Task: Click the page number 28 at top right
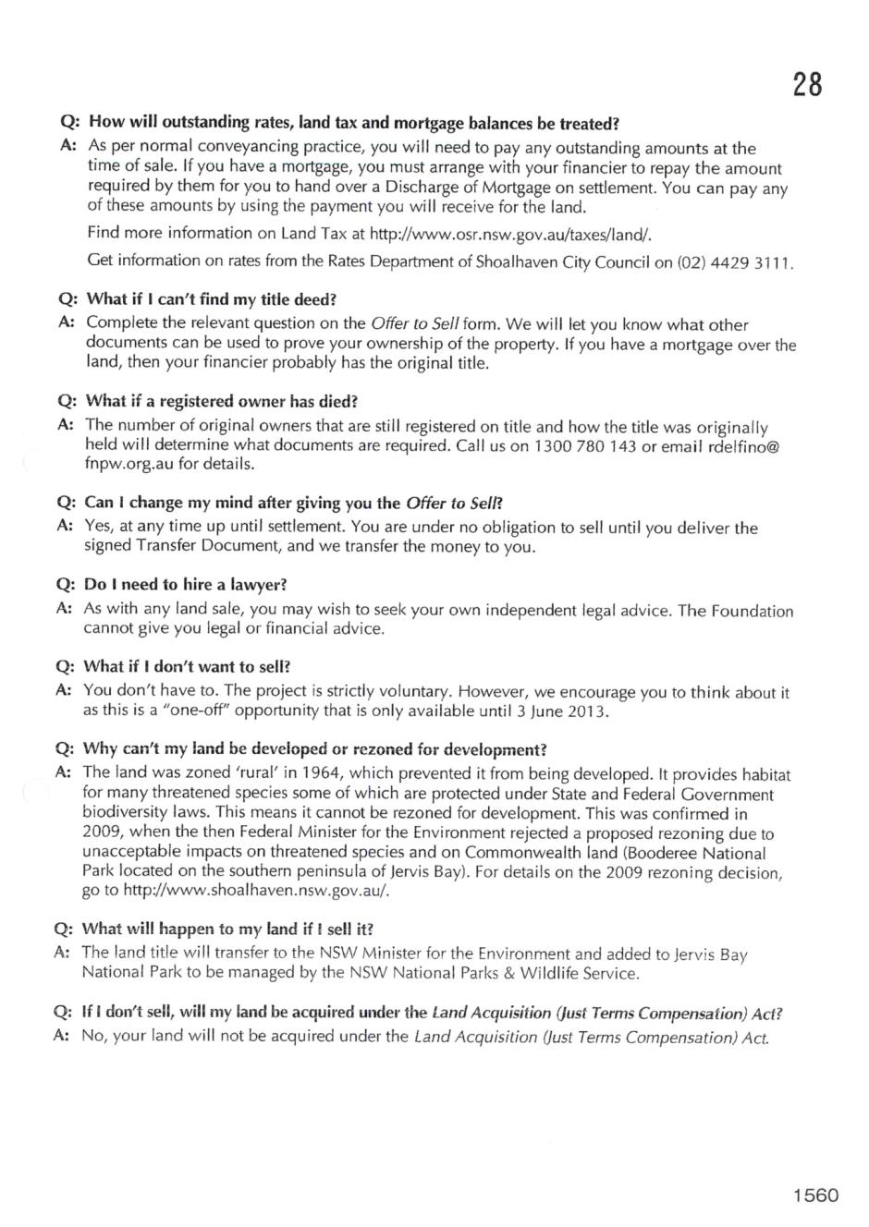tap(807, 85)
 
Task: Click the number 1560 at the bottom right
tap(814, 1196)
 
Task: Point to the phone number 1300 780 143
tap(586, 446)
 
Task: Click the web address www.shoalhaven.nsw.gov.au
tap(256, 891)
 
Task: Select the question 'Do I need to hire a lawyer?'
tap(185, 585)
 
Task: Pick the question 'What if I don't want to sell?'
tap(187, 666)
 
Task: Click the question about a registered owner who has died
tap(221, 402)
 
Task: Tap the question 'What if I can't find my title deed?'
tap(211, 300)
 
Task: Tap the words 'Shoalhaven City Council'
tap(560, 261)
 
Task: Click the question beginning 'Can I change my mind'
tap(292, 504)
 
